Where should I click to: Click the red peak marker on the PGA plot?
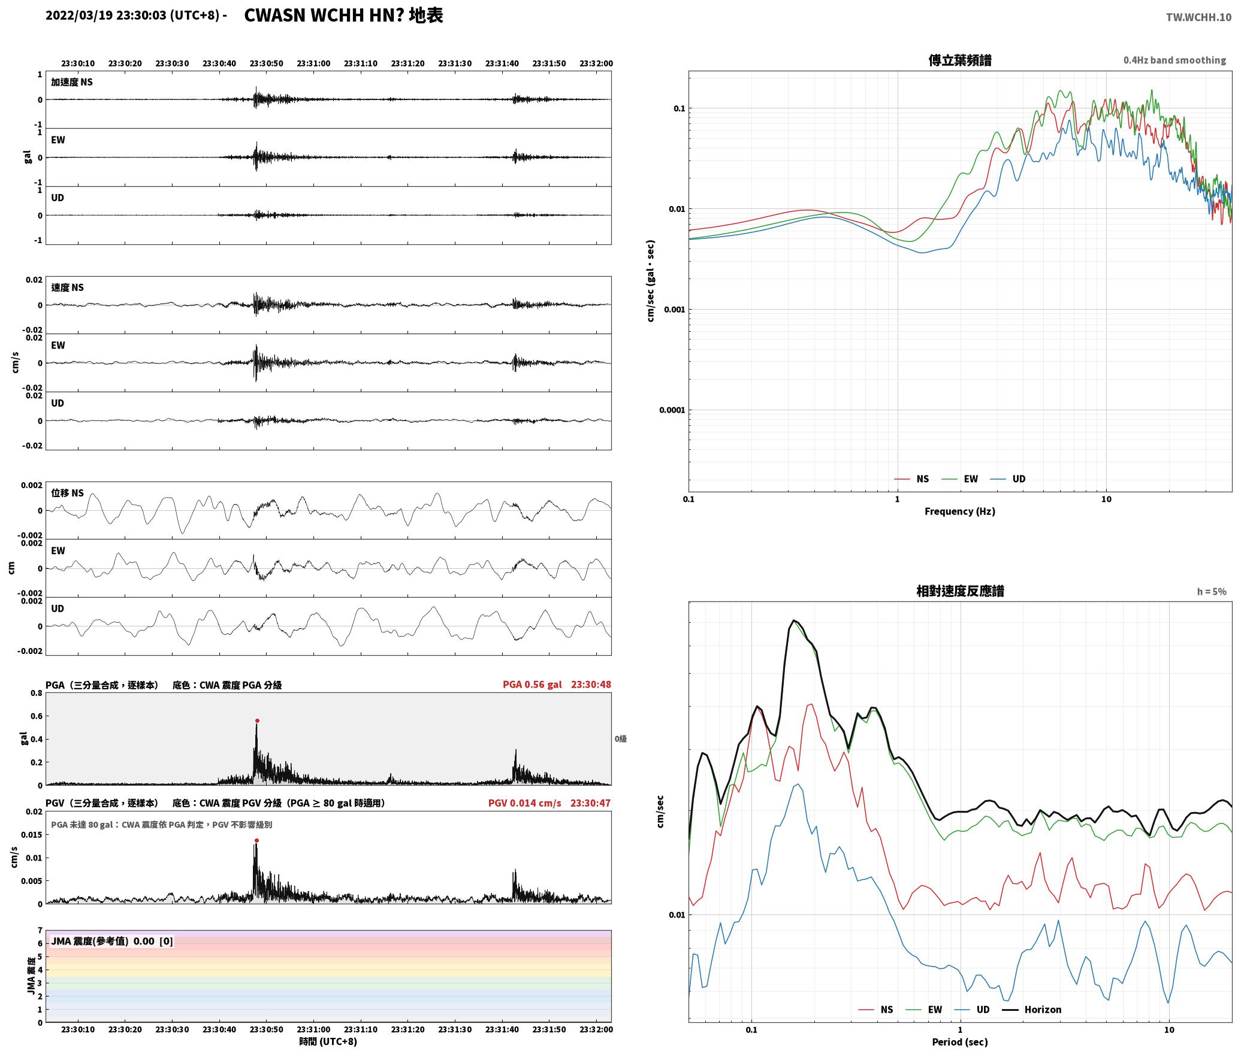tap(257, 721)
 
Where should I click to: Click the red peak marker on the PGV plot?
tap(256, 840)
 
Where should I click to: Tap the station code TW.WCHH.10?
tap(1198, 17)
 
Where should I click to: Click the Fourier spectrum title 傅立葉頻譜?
tap(960, 60)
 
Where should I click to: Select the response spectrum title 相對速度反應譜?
tap(960, 591)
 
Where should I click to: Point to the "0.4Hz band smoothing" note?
tap(1174, 60)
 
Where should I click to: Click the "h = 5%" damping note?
tap(1212, 592)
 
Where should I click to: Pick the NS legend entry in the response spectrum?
tap(875, 1010)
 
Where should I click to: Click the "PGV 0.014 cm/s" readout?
tap(525, 803)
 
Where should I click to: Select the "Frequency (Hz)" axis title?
tap(960, 511)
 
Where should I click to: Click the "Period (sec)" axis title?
tap(960, 1042)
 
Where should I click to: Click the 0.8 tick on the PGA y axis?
tap(37, 693)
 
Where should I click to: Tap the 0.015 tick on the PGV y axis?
tap(33, 835)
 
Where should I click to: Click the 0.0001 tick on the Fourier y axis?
tap(672, 410)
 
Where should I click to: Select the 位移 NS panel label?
tap(67, 493)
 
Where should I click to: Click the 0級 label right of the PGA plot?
tap(620, 739)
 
